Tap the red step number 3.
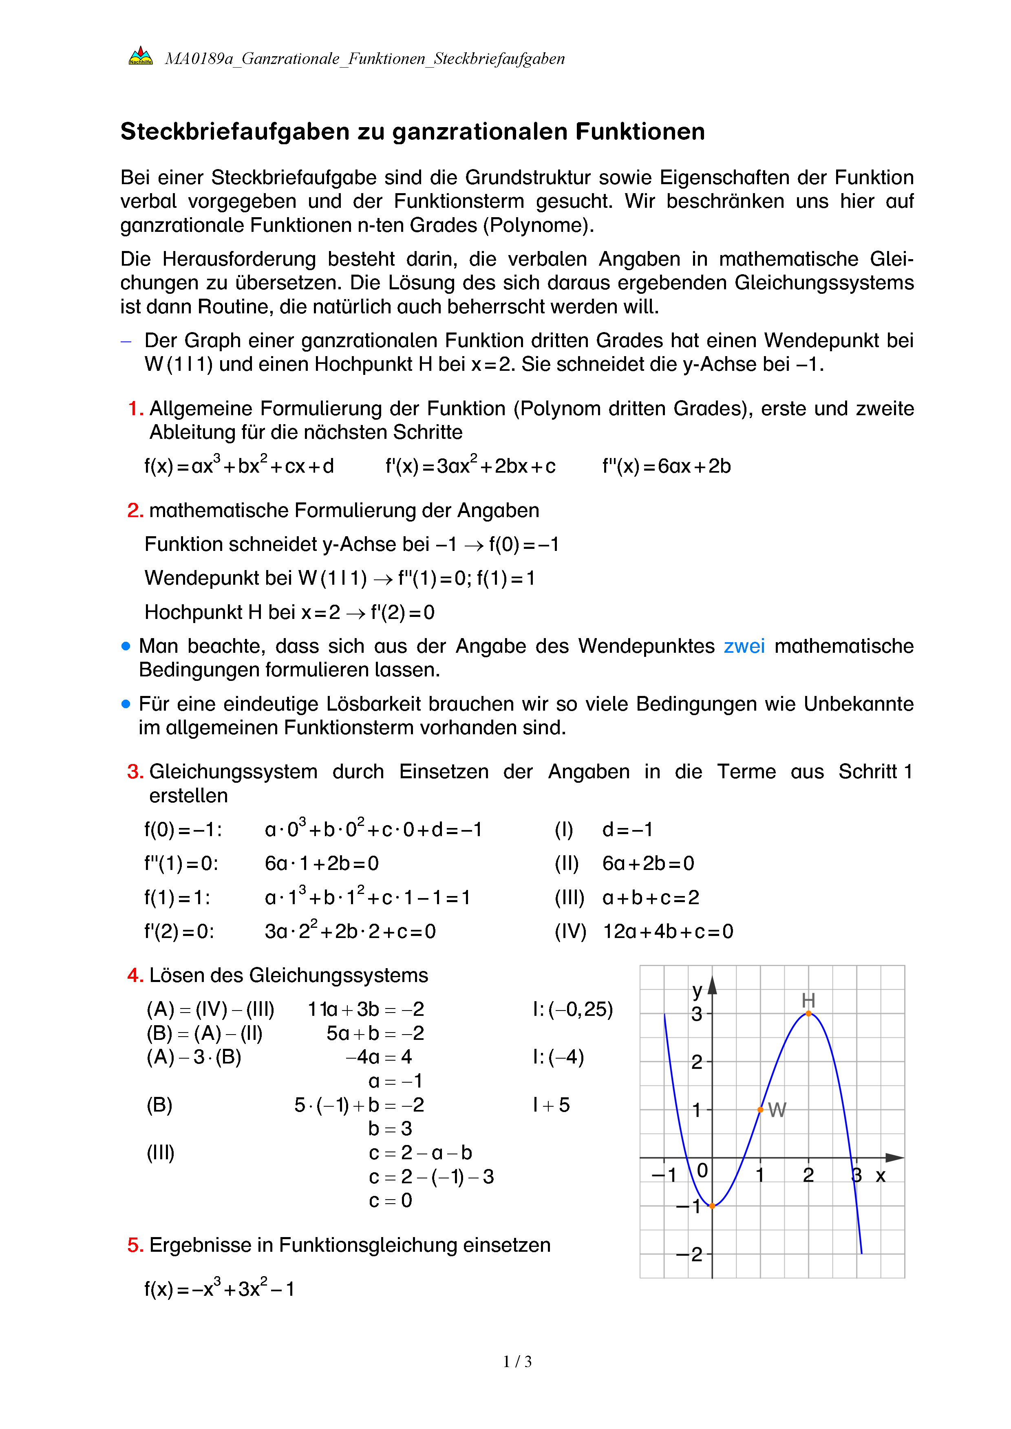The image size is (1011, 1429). click(x=135, y=772)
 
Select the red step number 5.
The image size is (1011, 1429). click(x=135, y=1245)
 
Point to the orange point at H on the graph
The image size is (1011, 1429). click(x=808, y=1013)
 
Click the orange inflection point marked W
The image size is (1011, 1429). click(x=760, y=1110)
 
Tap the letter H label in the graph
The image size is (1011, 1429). click(x=808, y=1000)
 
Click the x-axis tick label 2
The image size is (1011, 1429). click(x=808, y=1175)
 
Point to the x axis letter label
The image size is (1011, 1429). click(x=880, y=1176)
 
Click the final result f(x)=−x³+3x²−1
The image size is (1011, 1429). click(x=219, y=1288)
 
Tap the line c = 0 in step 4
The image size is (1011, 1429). click(x=390, y=1200)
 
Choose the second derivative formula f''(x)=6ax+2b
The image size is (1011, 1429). click(x=666, y=466)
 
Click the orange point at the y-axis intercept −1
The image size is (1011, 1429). click(x=712, y=1206)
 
